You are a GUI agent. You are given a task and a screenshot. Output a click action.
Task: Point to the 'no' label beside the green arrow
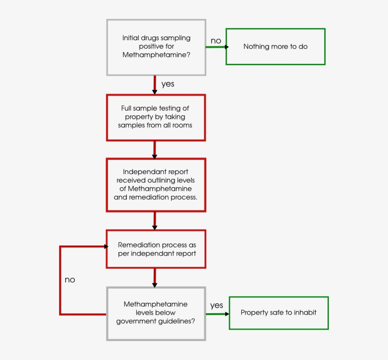point(216,41)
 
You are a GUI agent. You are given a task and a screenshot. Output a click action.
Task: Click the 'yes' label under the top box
point(168,84)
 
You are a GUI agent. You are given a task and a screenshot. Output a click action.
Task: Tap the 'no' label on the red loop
point(70,280)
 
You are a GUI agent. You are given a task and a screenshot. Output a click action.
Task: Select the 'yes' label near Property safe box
point(217,305)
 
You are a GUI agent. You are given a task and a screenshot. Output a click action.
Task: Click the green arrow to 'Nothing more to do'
point(217,47)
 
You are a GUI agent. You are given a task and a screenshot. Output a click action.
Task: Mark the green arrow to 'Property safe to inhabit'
point(218,314)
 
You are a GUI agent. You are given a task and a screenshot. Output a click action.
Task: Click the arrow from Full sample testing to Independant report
point(155,150)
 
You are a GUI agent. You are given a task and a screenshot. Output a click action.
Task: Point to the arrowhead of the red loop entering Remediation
point(106,246)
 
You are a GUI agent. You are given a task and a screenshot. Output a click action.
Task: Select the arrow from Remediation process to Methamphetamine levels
point(155,278)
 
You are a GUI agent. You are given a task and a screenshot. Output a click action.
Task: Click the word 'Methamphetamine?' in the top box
point(156,55)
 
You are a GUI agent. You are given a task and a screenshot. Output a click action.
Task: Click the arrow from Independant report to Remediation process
point(155,221)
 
